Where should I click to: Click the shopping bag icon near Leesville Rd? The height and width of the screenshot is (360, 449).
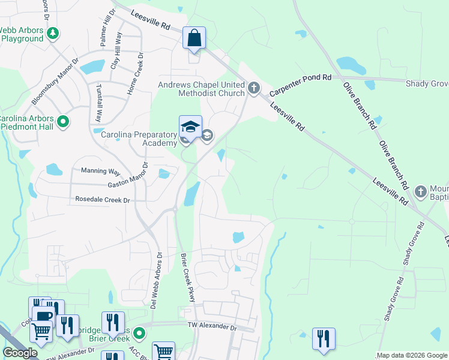click(195, 38)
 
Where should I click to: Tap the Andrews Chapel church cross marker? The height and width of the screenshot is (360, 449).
click(254, 89)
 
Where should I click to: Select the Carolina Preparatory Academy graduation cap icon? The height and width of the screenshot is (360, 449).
click(190, 127)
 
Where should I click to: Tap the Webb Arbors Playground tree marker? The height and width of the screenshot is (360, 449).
click(53, 34)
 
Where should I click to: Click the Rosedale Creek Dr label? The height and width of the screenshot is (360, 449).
click(103, 199)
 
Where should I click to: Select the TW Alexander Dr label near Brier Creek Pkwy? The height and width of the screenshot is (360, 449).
click(213, 326)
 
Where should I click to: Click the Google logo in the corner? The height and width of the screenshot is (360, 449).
click(19, 353)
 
